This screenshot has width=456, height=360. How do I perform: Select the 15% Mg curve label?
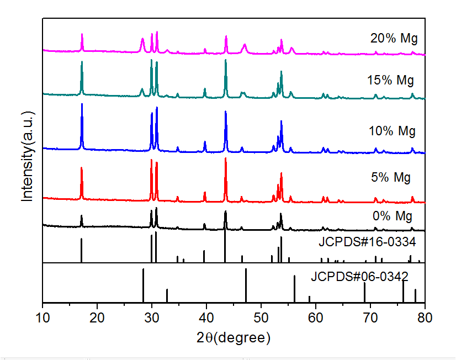(390, 81)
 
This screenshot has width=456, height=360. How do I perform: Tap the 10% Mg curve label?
(392, 131)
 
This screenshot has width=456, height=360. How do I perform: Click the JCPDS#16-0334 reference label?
(367, 242)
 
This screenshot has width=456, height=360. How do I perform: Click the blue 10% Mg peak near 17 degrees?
(82, 105)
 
